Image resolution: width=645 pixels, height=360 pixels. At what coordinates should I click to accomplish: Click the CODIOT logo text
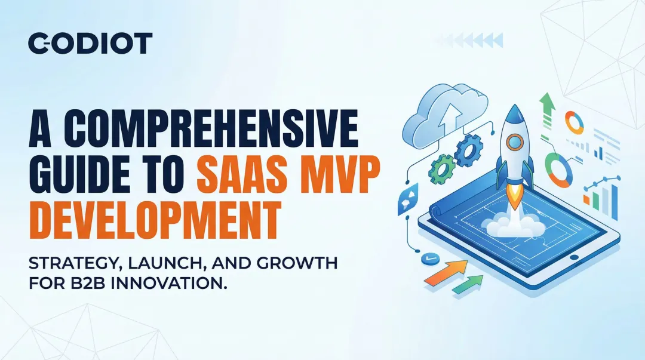tap(90, 44)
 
